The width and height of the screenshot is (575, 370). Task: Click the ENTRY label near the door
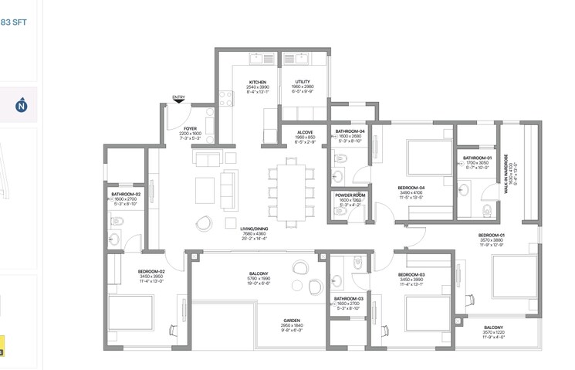coord(179,97)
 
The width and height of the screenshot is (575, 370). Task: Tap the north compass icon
coord(21,107)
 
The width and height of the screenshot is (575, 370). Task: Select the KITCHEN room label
coord(258,82)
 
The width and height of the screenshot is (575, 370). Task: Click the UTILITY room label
coord(303,82)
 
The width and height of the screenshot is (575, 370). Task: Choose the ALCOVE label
coord(305,132)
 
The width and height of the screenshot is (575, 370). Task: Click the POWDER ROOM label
coord(350,195)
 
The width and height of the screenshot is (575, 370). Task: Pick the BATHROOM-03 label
coord(349,298)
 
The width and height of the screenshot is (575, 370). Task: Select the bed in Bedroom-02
coord(137,313)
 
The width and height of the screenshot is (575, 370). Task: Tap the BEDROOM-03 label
coord(411,275)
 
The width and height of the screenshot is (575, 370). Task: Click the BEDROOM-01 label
coord(491,235)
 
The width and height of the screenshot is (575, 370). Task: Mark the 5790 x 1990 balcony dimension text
coord(258,279)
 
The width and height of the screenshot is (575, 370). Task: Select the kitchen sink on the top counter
coord(257,59)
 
